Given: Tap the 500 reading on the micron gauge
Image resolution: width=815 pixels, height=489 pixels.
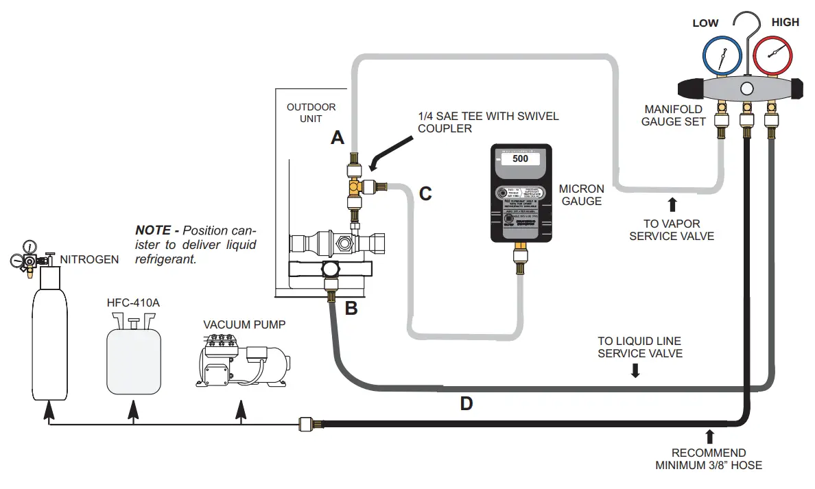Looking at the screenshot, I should (x=520, y=158).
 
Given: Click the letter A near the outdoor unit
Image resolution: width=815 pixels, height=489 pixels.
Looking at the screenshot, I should (x=337, y=139).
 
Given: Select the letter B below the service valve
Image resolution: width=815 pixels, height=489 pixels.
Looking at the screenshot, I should (x=351, y=309).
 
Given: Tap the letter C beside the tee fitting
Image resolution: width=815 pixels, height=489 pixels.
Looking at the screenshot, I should (x=425, y=194).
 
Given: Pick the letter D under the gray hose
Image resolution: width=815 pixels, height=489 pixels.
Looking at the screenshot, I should (x=466, y=404).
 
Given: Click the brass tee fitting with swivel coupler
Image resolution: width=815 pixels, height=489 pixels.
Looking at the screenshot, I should (x=355, y=185).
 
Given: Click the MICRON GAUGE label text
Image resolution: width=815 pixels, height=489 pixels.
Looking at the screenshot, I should (x=581, y=195).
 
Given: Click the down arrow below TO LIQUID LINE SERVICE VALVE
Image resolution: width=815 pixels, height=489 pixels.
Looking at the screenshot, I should (x=635, y=370).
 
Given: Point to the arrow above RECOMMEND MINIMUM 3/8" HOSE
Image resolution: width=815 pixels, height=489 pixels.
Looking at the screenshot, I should (x=709, y=437).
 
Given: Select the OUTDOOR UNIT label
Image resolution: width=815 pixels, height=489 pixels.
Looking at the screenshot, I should (x=311, y=113).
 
